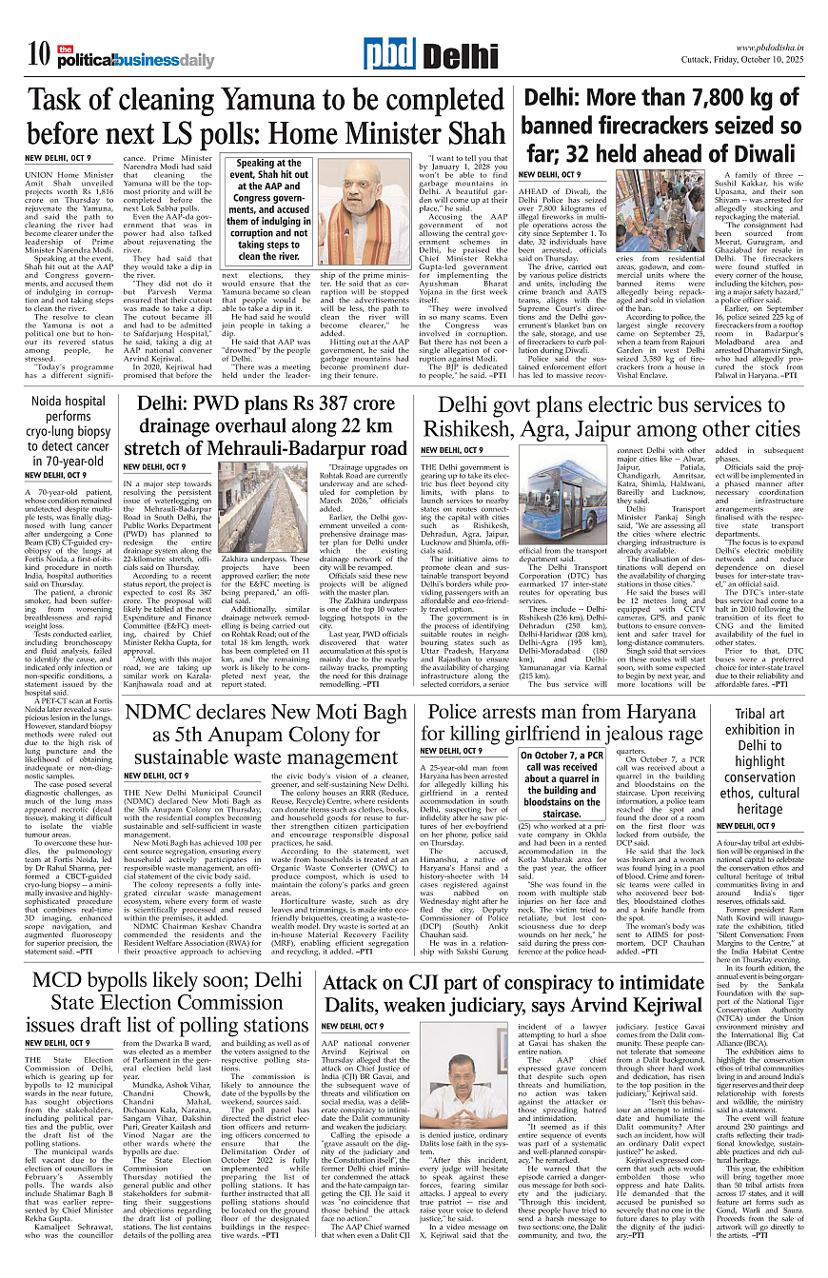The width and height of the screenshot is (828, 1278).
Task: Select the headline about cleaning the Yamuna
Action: (266, 117)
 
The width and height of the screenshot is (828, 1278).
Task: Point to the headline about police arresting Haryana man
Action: (564, 722)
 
